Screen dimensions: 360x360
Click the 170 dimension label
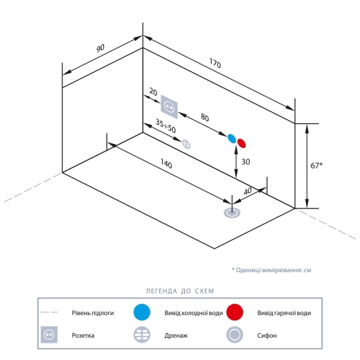click(x=215, y=63)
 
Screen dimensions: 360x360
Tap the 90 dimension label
click(x=100, y=48)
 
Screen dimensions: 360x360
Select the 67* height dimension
click(x=316, y=165)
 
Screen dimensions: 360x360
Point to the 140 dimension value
click(x=166, y=163)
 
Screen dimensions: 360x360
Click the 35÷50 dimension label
click(x=165, y=126)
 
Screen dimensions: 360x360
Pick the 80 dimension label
click(x=205, y=118)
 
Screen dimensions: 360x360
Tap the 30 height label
click(x=246, y=162)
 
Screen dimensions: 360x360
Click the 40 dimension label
click(x=247, y=191)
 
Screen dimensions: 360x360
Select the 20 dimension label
click(x=153, y=92)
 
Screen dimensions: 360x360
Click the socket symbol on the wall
click(x=169, y=107)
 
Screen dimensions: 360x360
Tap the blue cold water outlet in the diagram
click(x=232, y=138)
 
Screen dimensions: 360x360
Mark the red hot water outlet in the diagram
click(x=242, y=143)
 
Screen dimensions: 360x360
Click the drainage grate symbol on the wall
click(x=186, y=145)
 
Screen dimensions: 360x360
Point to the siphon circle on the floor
click(x=232, y=213)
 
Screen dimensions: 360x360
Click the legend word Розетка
click(x=83, y=335)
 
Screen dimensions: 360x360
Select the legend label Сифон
click(x=267, y=335)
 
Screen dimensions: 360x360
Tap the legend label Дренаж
click(x=176, y=335)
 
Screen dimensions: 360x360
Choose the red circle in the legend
click(x=235, y=312)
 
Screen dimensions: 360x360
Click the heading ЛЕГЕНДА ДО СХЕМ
click(x=180, y=291)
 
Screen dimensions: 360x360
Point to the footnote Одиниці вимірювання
click(x=269, y=270)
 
